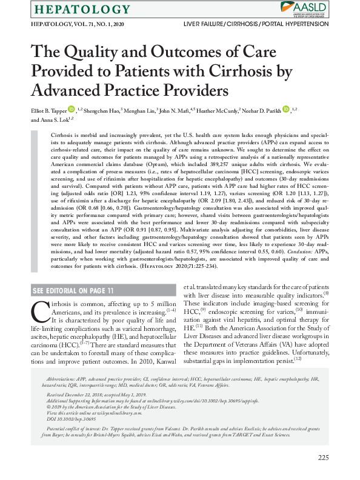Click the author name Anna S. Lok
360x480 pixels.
[x=51, y=119]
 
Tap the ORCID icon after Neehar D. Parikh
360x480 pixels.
[x=286, y=109]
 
